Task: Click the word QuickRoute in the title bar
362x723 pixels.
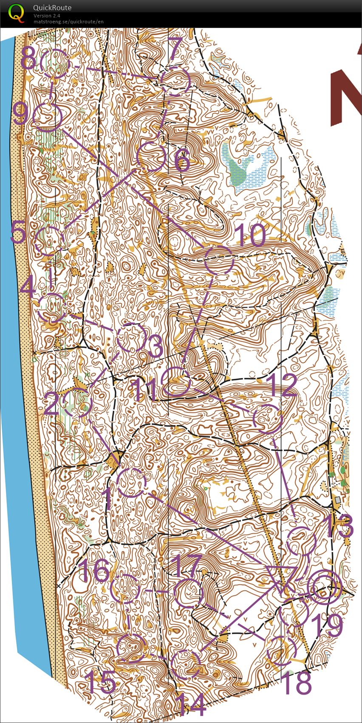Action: tap(52, 8)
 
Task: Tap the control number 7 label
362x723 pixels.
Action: tap(175, 49)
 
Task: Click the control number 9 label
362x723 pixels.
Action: tap(20, 114)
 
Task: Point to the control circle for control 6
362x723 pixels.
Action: tap(151, 157)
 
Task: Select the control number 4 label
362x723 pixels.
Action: tap(27, 289)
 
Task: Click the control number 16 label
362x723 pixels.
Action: tap(94, 571)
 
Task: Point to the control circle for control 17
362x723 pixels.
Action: tap(188, 593)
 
